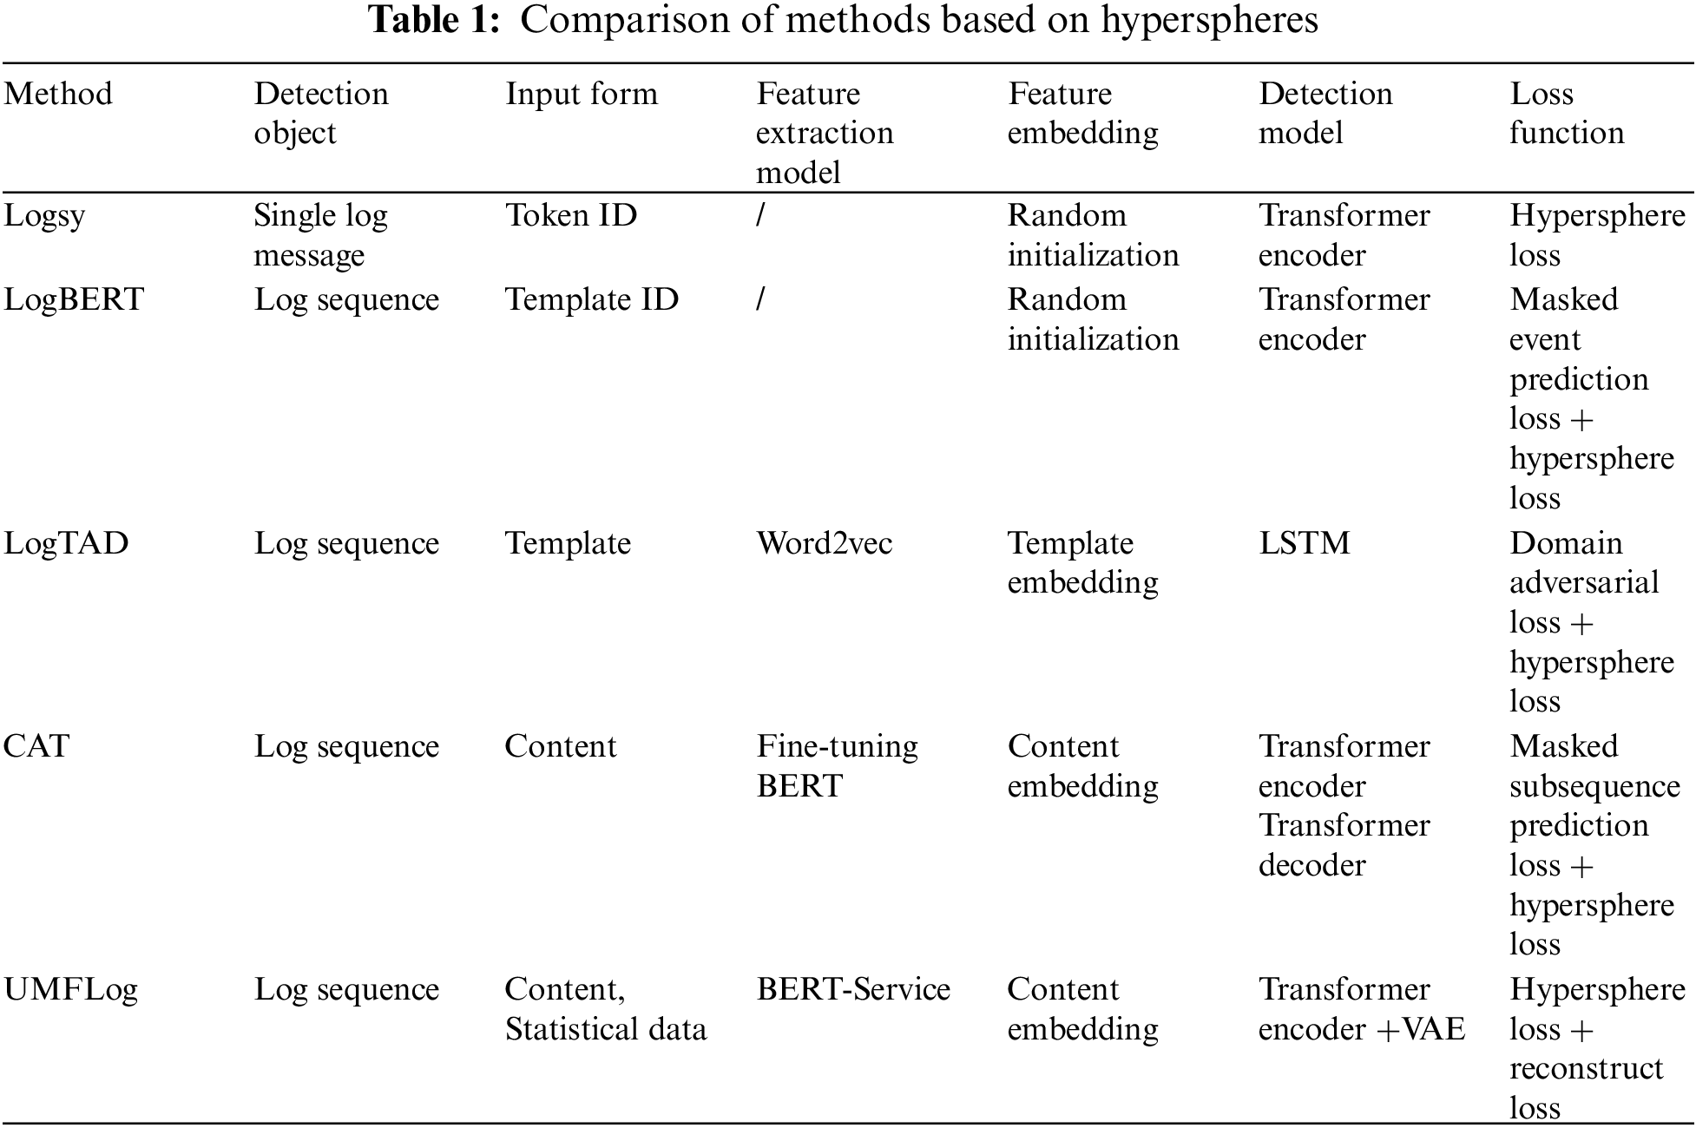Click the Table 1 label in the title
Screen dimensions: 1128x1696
[x=435, y=21]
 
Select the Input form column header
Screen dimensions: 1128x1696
[x=582, y=94]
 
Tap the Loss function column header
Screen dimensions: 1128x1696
[x=1566, y=113]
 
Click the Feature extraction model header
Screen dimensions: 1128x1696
[x=824, y=133]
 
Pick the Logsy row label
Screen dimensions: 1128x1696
[x=44, y=216]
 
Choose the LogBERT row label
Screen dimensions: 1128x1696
[x=74, y=299]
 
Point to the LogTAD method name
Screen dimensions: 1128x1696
[x=66, y=543]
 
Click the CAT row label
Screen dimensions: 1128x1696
[x=36, y=746]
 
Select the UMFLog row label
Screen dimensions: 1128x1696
[x=70, y=989]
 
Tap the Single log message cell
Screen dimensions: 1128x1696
[x=320, y=235]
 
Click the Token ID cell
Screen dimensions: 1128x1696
[x=571, y=215]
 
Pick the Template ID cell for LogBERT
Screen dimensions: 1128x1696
[x=591, y=299]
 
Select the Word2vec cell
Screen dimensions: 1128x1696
[x=824, y=543]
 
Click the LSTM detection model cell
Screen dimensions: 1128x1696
[x=1304, y=543]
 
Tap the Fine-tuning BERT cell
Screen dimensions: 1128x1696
[x=837, y=765]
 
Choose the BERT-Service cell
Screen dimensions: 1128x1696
[x=853, y=989]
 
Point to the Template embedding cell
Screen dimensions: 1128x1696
[x=1082, y=562]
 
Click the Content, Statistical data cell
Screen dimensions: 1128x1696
[x=605, y=1009]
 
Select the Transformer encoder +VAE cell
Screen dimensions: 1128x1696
[x=1361, y=1009]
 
